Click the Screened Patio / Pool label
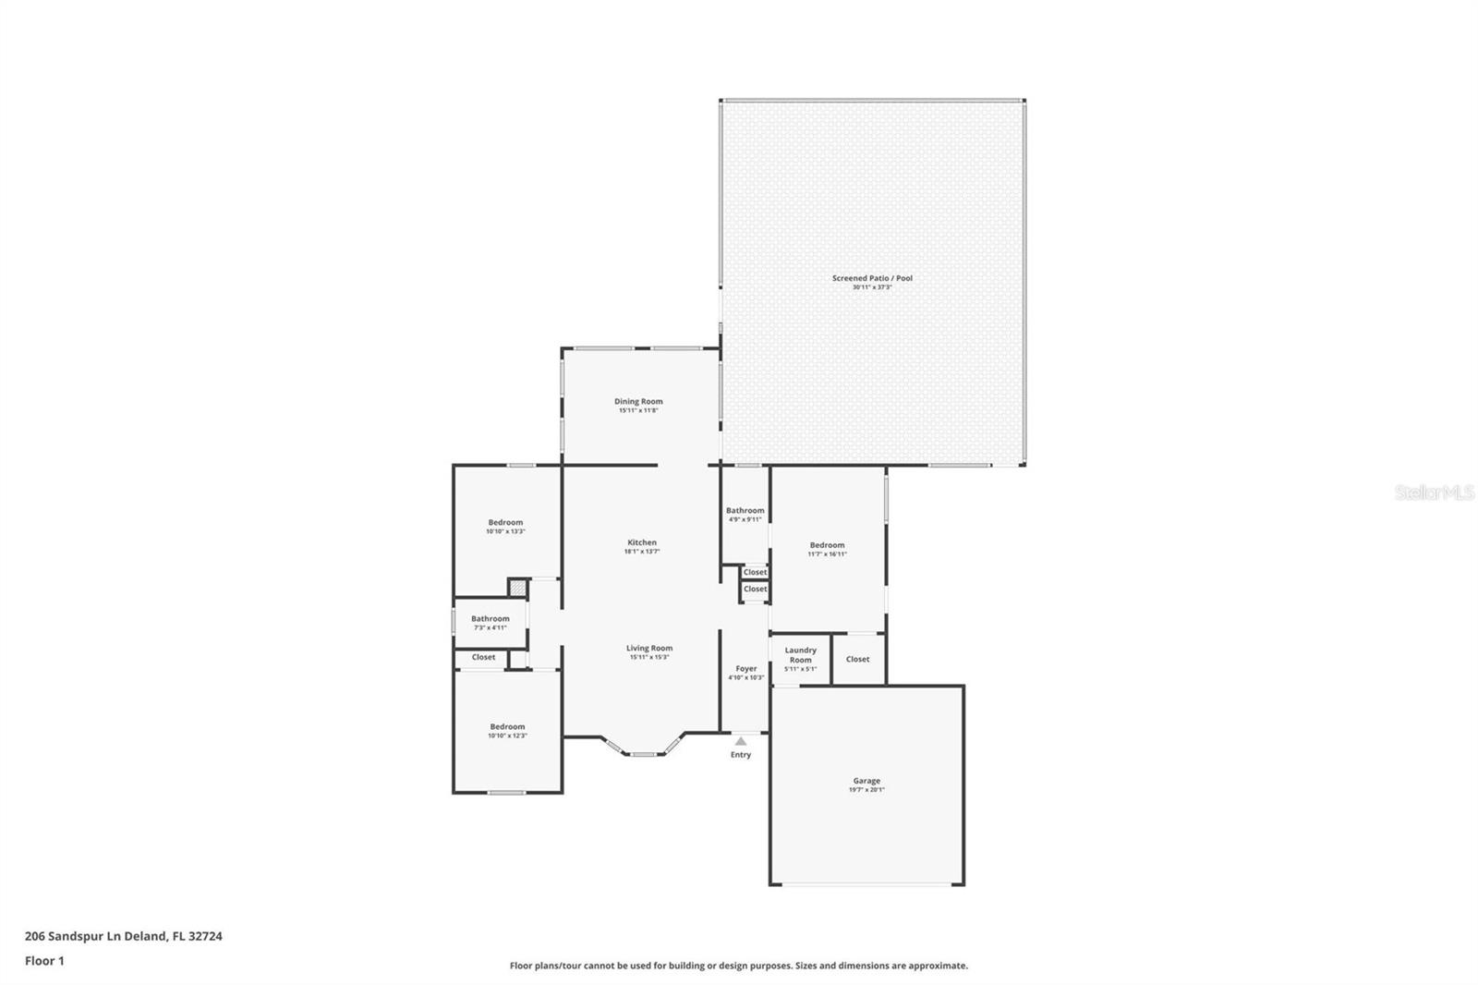point(871,278)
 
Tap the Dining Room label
point(638,401)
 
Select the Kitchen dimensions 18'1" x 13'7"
point(642,552)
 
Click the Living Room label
point(649,648)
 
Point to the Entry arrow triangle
point(741,741)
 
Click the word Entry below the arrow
point(741,755)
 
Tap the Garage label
point(866,781)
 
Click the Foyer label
point(746,668)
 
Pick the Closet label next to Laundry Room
point(857,659)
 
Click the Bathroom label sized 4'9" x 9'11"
point(745,510)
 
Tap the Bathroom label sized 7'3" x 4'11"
point(490,618)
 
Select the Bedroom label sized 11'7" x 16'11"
point(827,545)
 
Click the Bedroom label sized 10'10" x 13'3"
point(505,522)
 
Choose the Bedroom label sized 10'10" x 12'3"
point(507,726)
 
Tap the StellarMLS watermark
point(1434,493)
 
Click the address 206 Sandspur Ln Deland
point(123,936)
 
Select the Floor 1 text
point(44,961)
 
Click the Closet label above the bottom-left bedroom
point(483,657)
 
